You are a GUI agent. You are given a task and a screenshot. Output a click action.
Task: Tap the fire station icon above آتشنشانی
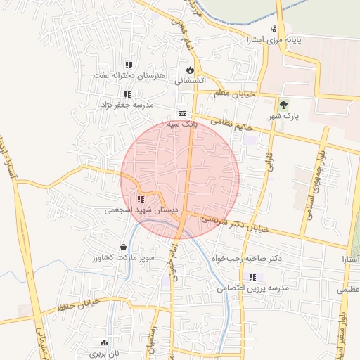pos(190,70)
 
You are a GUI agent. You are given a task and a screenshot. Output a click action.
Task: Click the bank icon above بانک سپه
pos(182,113)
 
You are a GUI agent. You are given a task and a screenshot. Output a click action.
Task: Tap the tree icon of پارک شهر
pos(284,105)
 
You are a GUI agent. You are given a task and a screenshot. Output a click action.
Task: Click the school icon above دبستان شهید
pos(141,200)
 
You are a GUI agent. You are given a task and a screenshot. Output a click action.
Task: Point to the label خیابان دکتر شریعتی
pos(235,222)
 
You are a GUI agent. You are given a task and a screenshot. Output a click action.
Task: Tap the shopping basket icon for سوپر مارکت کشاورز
pos(124,247)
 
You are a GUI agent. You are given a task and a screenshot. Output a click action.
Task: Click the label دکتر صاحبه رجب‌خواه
pos(246,258)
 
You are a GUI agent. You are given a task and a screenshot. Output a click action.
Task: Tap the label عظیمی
pos(347,288)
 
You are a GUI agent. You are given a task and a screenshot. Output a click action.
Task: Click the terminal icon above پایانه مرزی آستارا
pos(274,29)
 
